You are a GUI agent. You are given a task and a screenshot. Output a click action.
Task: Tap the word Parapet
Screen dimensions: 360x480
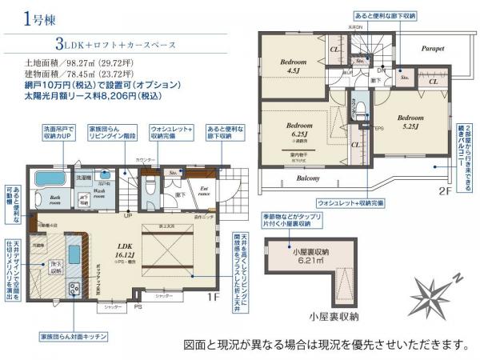click(x=433, y=48)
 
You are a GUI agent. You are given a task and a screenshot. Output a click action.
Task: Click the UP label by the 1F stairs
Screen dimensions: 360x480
click(x=126, y=214)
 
